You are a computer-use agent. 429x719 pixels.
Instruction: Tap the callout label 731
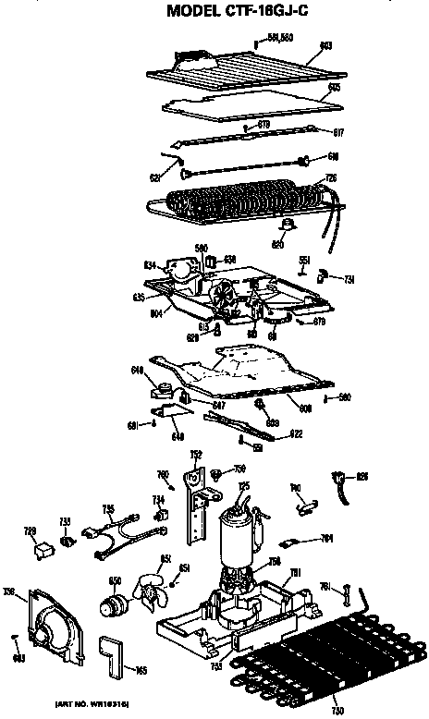click(x=349, y=278)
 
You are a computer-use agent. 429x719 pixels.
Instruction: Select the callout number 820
click(x=276, y=245)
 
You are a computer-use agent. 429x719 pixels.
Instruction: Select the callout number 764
click(x=326, y=538)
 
